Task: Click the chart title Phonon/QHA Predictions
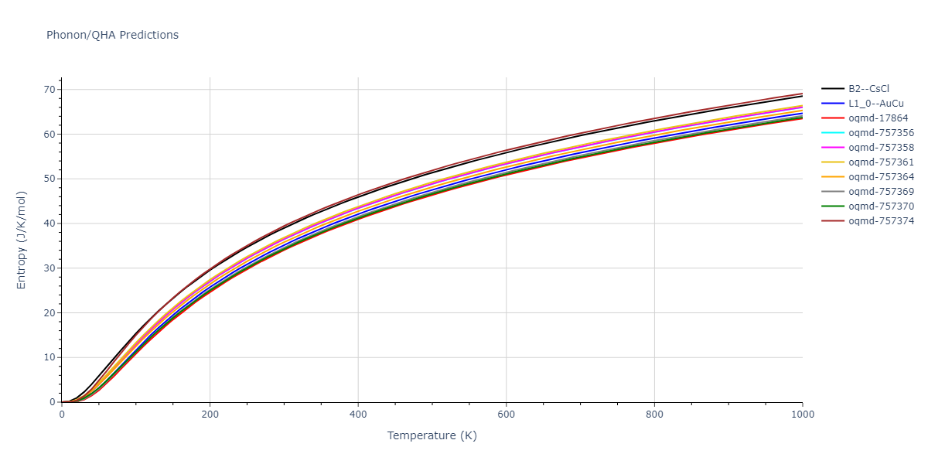tap(112, 35)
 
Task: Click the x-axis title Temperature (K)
tap(432, 435)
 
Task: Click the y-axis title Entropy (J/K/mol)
tap(22, 240)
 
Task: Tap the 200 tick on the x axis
tap(210, 415)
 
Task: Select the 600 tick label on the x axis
tap(506, 415)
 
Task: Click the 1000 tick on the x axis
tap(802, 415)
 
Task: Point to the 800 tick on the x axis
tap(654, 415)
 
